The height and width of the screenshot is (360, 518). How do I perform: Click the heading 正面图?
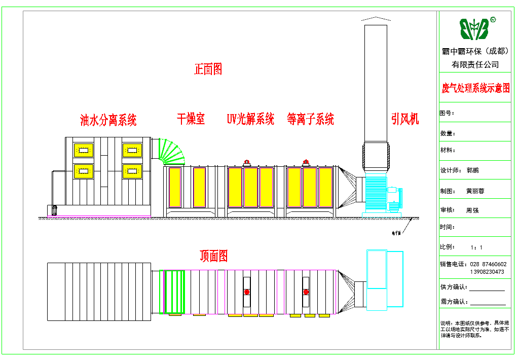(208, 69)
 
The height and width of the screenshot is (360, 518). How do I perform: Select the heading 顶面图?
(213, 256)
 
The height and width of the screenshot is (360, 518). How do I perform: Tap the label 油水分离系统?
(108, 120)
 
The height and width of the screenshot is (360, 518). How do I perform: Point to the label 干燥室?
(191, 119)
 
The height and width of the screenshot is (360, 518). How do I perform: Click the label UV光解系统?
(250, 119)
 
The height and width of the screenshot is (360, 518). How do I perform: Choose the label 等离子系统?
(310, 119)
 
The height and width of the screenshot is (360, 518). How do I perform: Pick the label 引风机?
(405, 119)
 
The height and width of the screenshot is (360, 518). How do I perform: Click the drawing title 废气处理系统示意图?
(475, 89)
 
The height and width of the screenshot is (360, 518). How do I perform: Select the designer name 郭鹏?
(472, 171)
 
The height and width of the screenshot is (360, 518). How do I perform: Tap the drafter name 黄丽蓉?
(475, 191)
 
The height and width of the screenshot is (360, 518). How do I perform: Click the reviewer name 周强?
(472, 210)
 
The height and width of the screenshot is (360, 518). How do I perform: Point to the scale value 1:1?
(476, 247)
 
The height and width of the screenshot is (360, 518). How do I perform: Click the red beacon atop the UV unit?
(247, 162)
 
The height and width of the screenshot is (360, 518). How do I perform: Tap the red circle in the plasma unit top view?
(306, 292)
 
